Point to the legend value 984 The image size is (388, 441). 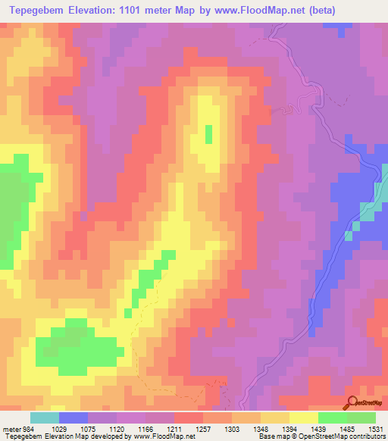(27, 428)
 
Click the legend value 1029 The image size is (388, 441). (58, 428)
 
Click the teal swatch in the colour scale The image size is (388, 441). (44, 418)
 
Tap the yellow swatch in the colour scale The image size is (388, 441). (303, 418)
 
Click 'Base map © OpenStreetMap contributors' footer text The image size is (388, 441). (321, 436)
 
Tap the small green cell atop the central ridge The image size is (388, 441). (208, 134)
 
